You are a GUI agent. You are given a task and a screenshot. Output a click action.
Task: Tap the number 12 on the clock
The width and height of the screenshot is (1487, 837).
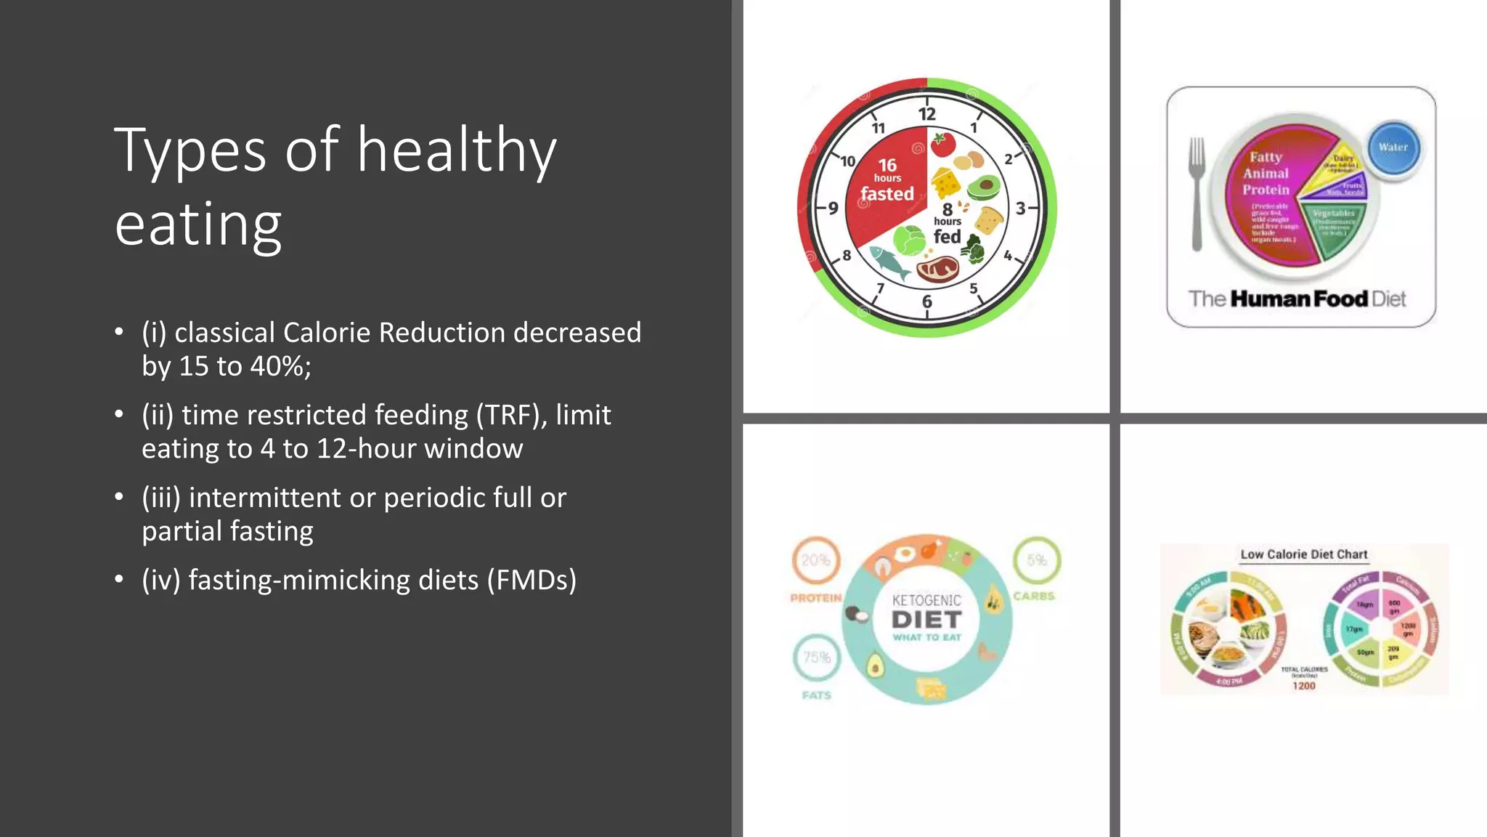click(926, 114)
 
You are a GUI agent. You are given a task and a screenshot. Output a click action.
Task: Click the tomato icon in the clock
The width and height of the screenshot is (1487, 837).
click(942, 144)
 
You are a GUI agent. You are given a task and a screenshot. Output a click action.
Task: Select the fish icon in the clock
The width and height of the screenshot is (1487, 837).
click(889, 262)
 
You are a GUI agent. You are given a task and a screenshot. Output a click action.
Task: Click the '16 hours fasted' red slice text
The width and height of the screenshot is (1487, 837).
click(887, 180)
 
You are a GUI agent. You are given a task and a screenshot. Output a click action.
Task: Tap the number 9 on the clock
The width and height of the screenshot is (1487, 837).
click(834, 209)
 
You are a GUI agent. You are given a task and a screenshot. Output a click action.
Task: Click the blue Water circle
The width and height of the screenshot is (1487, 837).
click(1393, 147)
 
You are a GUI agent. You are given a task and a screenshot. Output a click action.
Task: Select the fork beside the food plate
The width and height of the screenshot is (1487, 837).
click(1197, 193)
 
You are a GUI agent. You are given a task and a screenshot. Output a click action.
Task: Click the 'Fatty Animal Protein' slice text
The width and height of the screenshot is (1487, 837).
click(1266, 174)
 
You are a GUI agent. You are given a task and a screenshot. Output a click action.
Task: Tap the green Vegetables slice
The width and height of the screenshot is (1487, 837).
click(1335, 229)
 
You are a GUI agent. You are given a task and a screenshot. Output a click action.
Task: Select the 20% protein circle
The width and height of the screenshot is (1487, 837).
click(815, 561)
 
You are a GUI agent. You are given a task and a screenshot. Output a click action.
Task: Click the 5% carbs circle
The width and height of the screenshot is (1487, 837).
click(1036, 560)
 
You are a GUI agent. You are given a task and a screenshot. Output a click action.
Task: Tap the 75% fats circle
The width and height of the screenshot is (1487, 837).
click(816, 658)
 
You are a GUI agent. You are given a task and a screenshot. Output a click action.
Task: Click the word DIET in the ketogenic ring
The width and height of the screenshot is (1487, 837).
click(926, 620)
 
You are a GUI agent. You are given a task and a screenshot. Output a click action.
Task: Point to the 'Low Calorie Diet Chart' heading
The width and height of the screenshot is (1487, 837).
click(1303, 554)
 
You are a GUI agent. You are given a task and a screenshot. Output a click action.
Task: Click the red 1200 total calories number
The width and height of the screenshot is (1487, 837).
click(1303, 686)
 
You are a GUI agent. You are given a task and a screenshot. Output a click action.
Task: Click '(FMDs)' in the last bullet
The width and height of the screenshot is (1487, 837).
click(531, 581)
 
